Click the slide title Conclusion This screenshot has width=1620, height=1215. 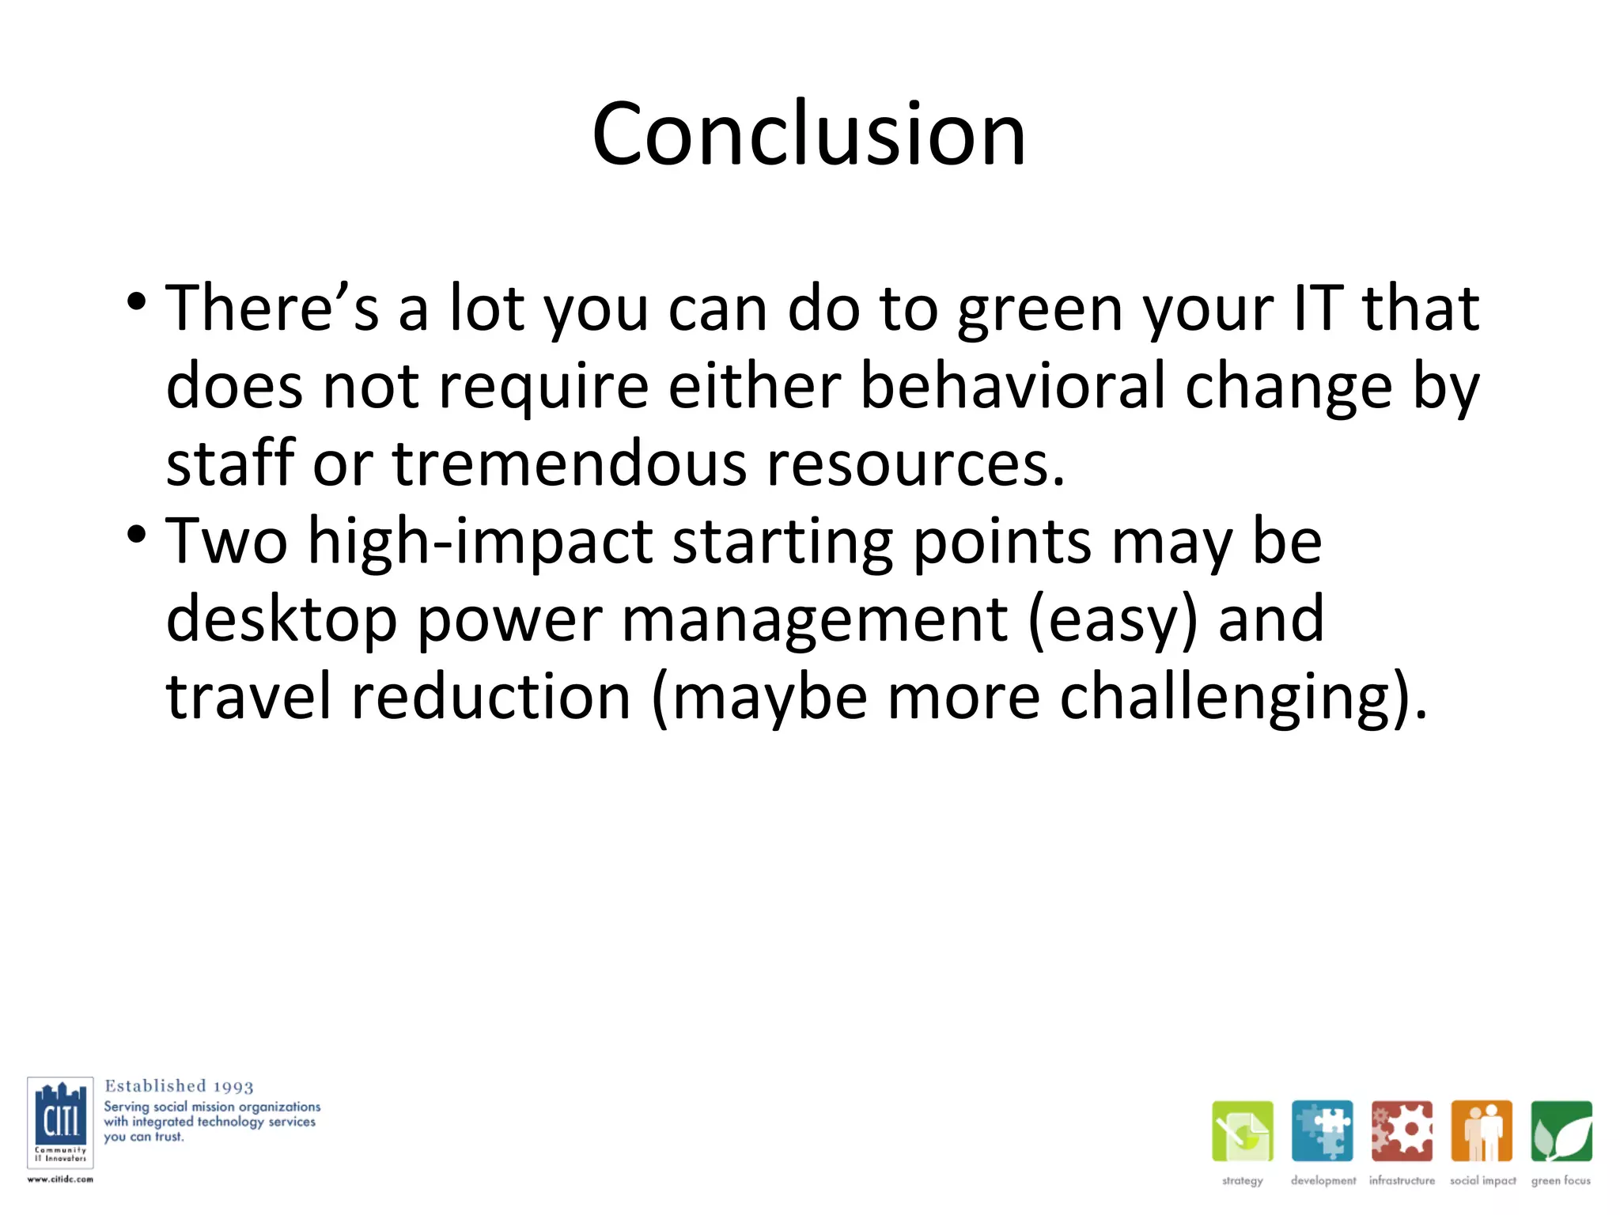[x=808, y=134]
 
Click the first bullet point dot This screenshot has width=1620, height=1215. [x=136, y=301]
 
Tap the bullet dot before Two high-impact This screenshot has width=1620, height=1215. [x=136, y=535]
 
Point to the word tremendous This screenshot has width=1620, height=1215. [x=569, y=464]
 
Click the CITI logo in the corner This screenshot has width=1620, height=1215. [x=60, y=1122]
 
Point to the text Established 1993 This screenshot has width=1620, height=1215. [x=179, y=1086]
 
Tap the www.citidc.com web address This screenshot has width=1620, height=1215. [x=60, y=1179]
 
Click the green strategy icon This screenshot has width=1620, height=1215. [x=1242, y=1131]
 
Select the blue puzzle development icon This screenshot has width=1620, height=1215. [x=1322, y=1131]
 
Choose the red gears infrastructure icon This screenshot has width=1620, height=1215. [x=1402, y=1131]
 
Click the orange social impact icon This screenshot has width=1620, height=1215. [x=1482, y=1131]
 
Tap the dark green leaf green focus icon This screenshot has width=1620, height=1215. [x=1561, y=1131]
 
